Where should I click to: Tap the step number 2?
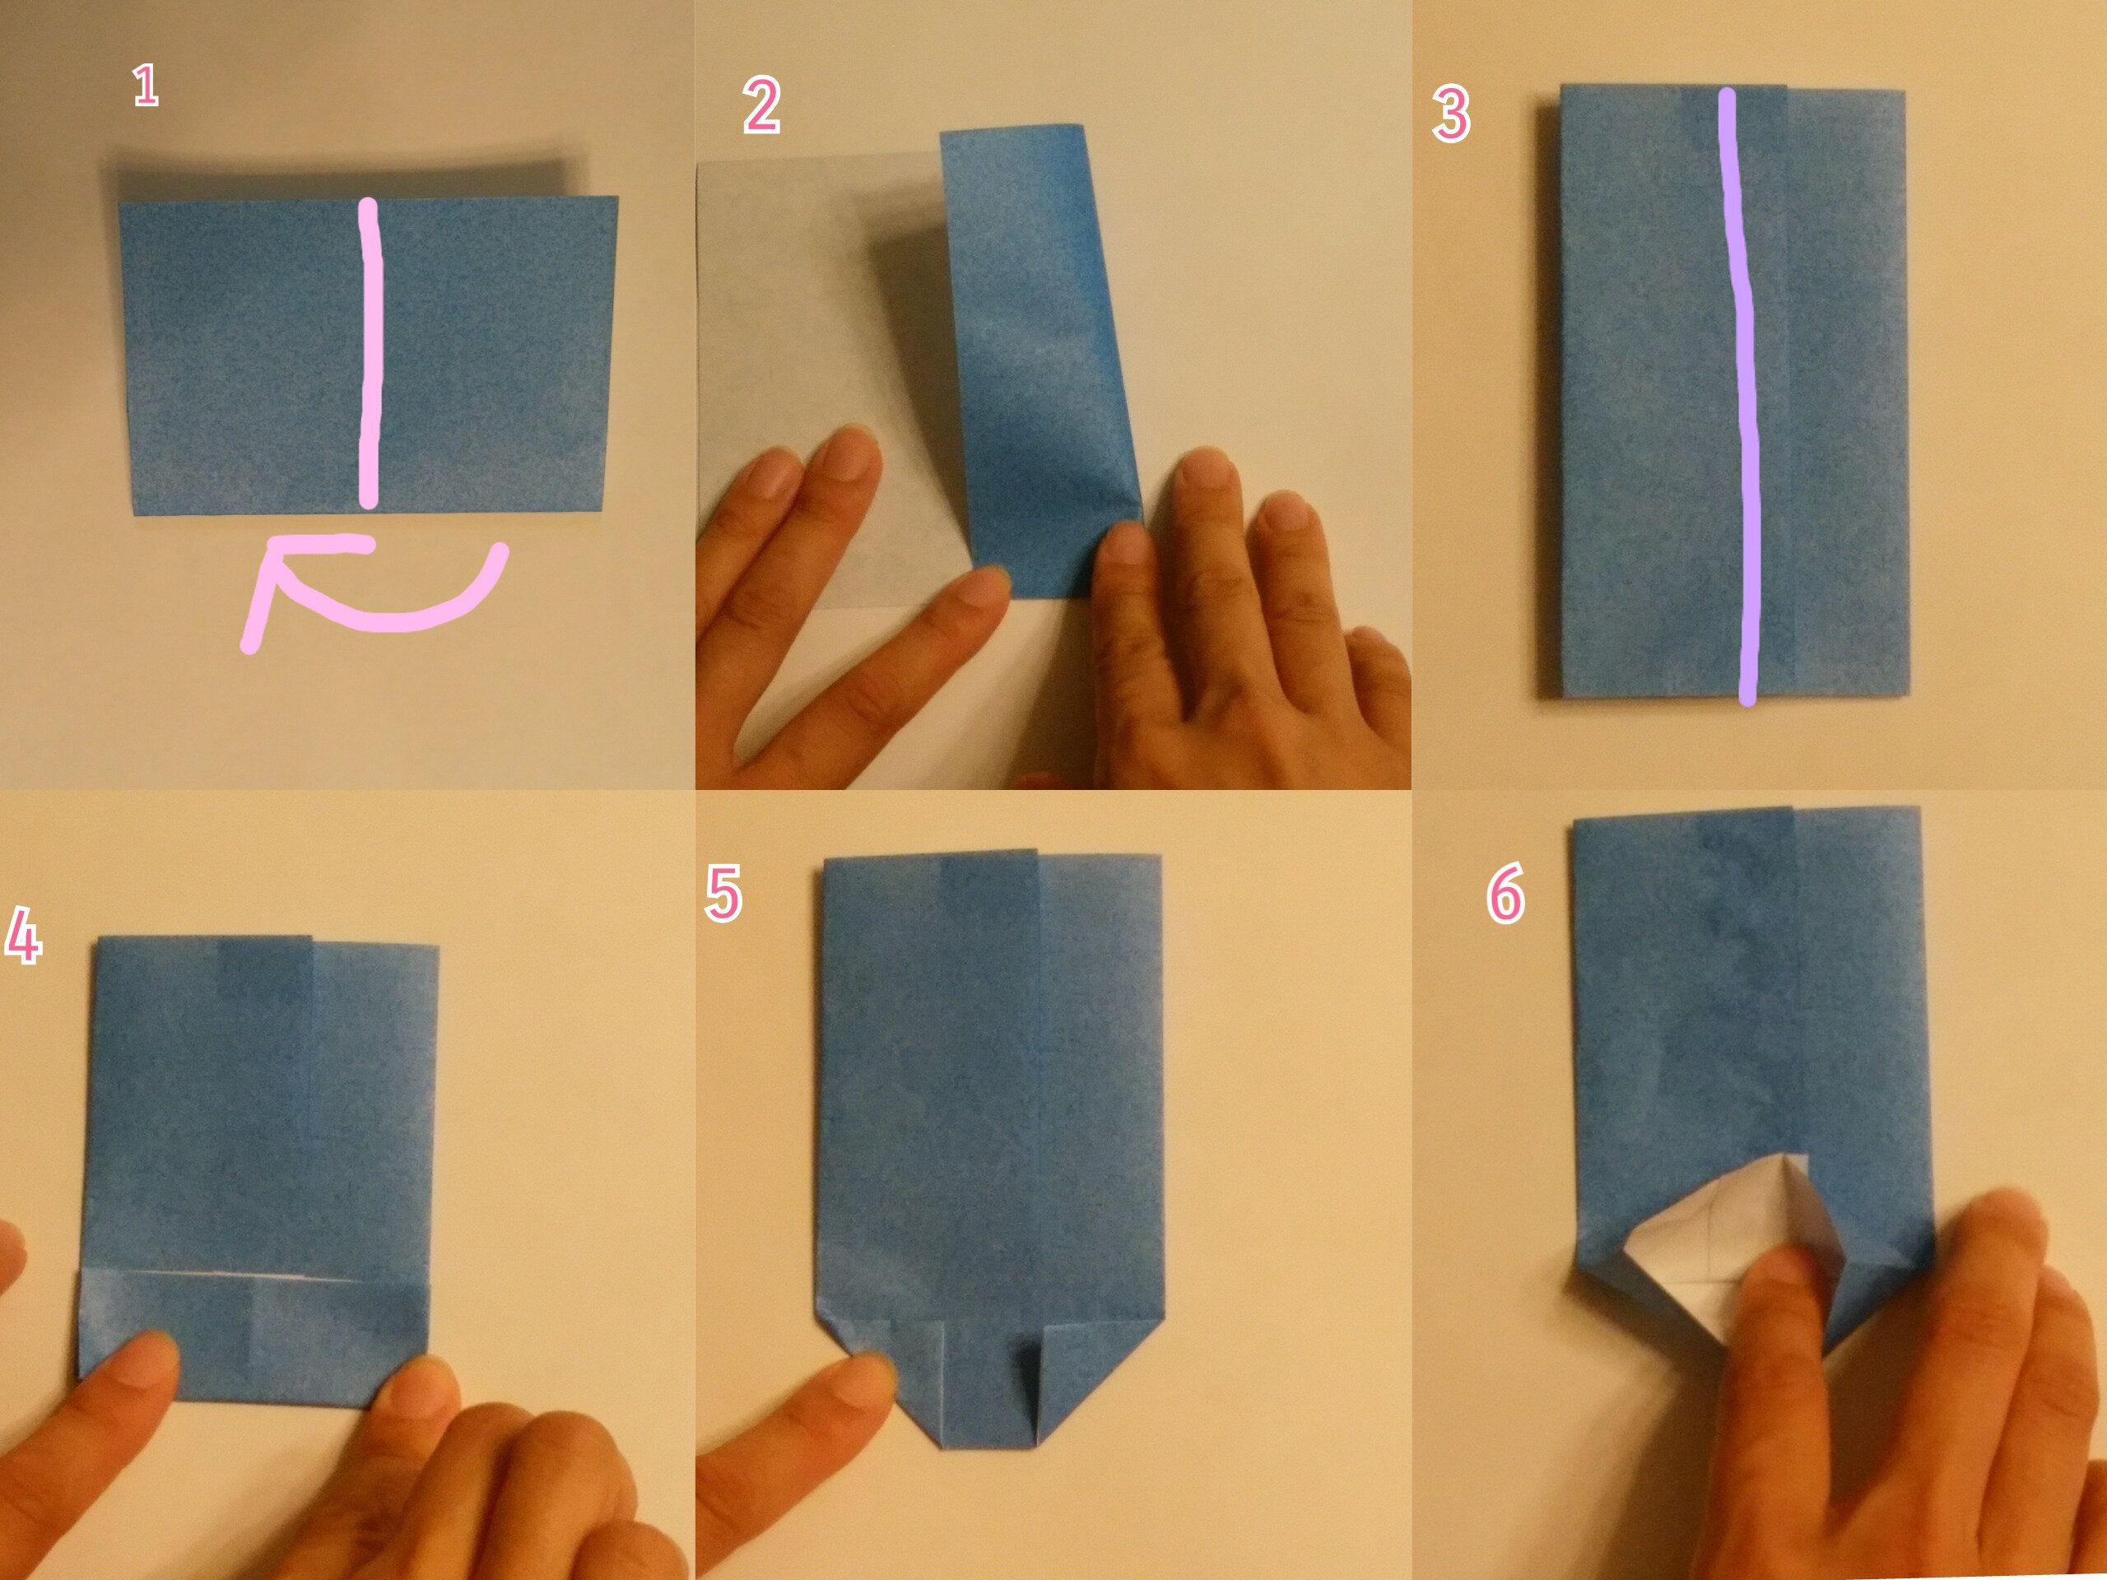pos(762,107)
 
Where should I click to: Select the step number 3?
pos(1451,115)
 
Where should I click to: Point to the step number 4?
pos(23,936)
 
